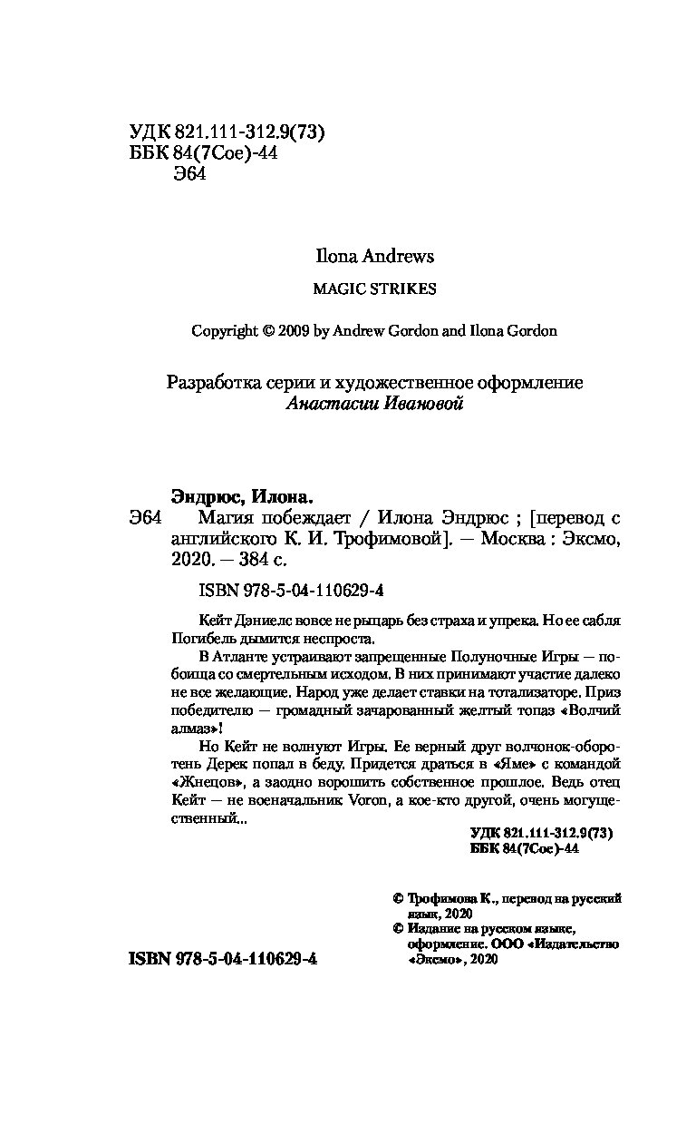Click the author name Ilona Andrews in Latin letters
pos(374,257)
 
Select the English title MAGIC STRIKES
pos(374,289)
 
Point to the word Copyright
pos(225,331)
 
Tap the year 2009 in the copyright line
pos(287,331)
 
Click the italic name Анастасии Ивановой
pos(374,404)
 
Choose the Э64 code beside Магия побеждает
pos(145,519)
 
